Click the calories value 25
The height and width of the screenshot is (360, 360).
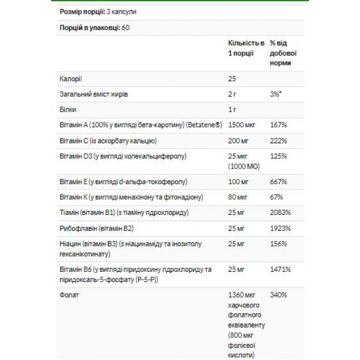tap(232, 79)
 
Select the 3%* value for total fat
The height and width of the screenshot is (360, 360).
tap(277, 95)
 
